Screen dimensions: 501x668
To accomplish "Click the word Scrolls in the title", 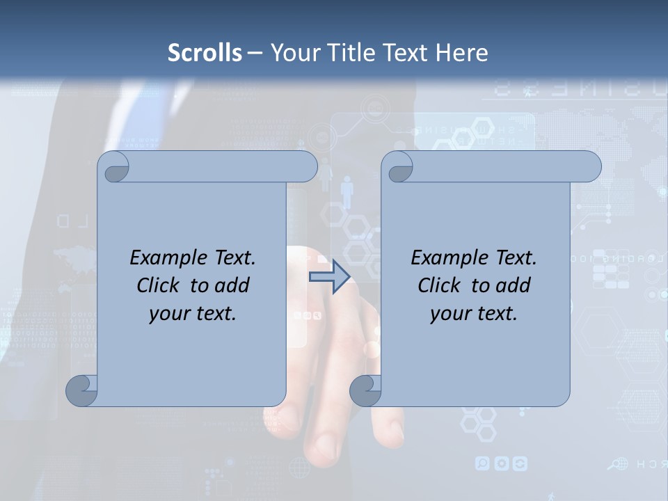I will point(205,53).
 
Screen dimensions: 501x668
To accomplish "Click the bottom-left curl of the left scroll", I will point(82,391).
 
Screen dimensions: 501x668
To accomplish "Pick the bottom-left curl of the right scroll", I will point(366,391).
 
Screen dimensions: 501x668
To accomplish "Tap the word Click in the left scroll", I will point(158,285).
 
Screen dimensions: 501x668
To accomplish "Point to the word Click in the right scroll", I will point(439,285).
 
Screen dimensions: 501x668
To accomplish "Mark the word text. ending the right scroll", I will point(495,314).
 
